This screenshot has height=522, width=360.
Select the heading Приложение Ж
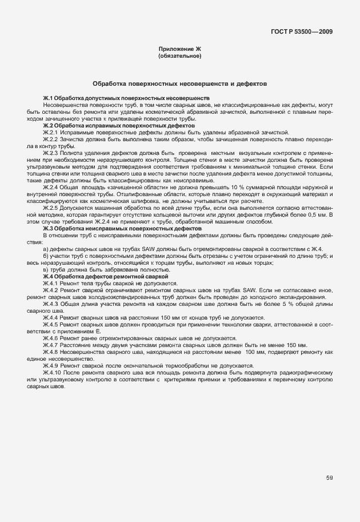[179, 50]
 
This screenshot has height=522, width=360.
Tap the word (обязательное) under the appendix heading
[179, 57]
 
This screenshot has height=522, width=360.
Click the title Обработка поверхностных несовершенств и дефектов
[179, 83]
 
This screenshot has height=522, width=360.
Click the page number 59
[329, 478]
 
